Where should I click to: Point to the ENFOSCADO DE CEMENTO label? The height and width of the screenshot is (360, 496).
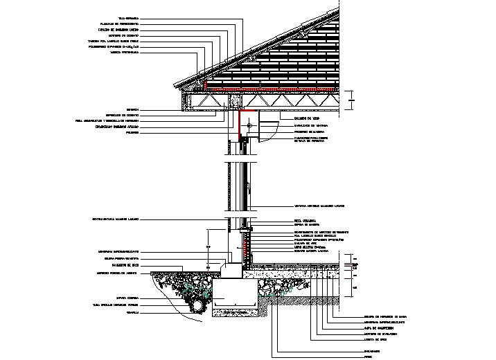(x=123, y=114)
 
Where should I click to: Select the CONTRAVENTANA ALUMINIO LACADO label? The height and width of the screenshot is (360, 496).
(x=116, y=219)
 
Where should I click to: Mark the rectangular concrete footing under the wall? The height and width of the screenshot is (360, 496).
(x=235, y=295)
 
